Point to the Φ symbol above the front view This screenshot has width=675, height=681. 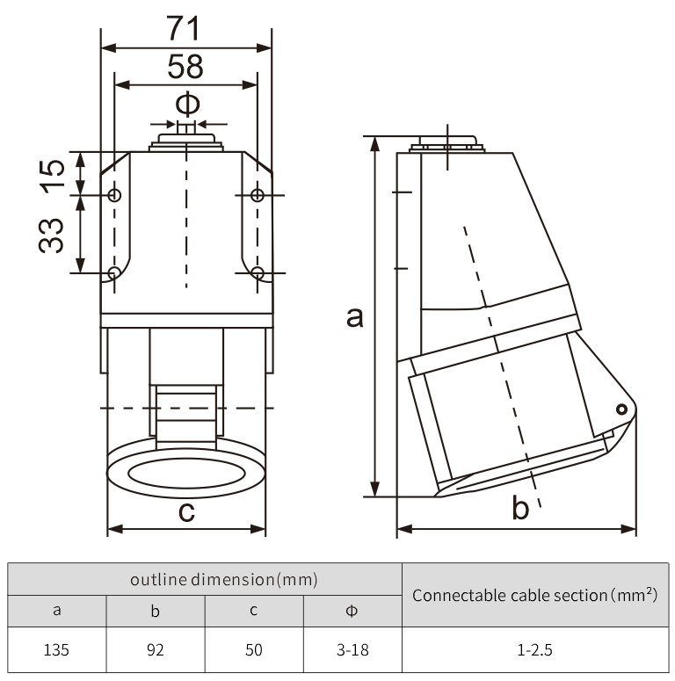187,104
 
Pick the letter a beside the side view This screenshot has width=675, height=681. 354,316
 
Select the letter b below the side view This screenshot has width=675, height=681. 520,508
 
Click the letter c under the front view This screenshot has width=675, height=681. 186,511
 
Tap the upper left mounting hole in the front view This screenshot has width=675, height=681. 114,195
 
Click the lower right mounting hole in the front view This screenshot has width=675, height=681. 257,272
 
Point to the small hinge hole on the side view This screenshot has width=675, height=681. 621,409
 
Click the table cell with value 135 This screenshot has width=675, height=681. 57,650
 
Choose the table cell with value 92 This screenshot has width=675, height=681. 156,650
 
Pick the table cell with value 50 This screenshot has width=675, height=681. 254,650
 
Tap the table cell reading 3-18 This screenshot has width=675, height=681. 352,650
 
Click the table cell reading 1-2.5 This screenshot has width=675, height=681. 534,650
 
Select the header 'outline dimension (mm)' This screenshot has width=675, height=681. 205,579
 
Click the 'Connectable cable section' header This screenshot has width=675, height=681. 534,595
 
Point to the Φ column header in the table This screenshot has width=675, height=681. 352,611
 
